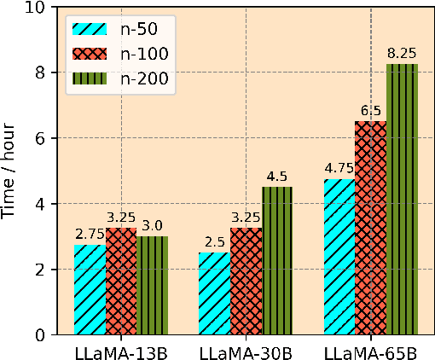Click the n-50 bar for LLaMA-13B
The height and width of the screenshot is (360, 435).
coord(90,290)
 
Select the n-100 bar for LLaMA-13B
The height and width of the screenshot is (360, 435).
coord(121,282)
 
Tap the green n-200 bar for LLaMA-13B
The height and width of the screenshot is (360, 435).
coord(153,286)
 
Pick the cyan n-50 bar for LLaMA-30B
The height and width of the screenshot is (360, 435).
coord(215,293)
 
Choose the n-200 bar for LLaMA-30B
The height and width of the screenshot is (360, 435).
coord(277,261)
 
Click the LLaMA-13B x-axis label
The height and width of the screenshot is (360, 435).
coord(121,351)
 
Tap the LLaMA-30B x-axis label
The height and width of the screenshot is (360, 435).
coord(246,351)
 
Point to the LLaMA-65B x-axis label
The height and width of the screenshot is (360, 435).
coord(370,351)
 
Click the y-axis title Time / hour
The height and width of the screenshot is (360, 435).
coord(11,171)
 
